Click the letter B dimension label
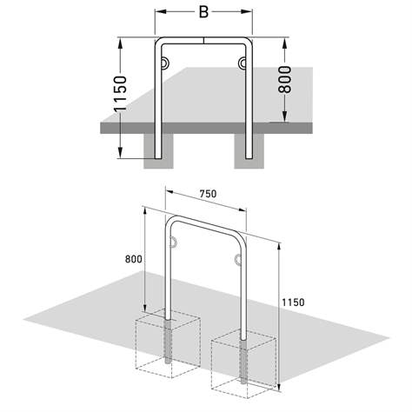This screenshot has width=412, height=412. [x=203, y=13]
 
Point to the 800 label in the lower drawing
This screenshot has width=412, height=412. [x=133, y=259]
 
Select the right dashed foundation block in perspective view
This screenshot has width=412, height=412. [x=243, y=362]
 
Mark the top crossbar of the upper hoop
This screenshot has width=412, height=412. [x=203, y=41]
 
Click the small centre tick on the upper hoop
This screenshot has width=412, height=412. [x=203, y=38]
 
